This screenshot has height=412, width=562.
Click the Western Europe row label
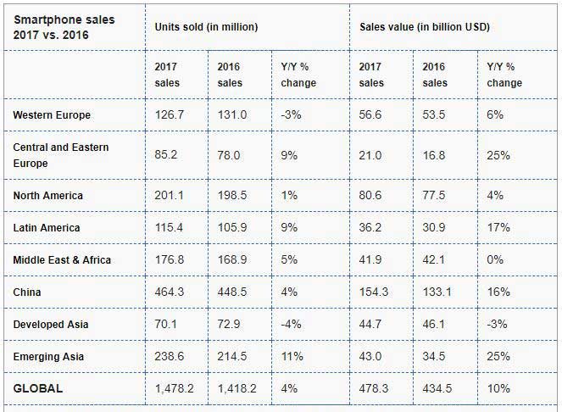(52, 114)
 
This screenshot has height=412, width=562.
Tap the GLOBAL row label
(39, 388)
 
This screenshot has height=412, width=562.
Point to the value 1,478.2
(175, 388)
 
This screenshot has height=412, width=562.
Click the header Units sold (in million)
(206, 27)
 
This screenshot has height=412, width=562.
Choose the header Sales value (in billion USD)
(425, 27)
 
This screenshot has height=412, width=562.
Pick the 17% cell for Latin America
(498, 228)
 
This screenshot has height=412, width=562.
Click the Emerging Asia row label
(50, 357)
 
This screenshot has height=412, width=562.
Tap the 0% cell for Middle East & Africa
(495, 260)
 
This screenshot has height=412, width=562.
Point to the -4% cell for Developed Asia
(290, 325)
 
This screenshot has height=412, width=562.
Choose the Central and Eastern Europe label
(61, 155)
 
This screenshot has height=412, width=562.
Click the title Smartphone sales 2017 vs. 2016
(64, 27)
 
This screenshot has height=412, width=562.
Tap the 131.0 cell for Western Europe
(231, 114)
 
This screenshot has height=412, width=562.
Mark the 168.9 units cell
(231, 260)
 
